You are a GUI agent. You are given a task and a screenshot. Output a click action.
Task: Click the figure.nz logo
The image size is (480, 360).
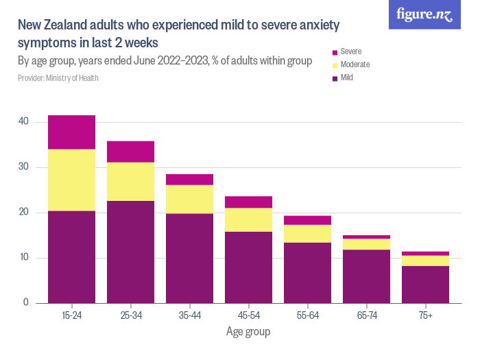point(424,15)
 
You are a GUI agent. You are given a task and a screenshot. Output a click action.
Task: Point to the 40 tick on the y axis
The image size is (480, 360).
point(24,121)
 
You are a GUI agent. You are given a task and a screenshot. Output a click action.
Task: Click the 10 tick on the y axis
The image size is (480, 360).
point(24,258)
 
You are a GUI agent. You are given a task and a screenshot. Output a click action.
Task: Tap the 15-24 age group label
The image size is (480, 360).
point(71,315)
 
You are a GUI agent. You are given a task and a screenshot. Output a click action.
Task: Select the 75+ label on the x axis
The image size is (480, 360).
point(425,315)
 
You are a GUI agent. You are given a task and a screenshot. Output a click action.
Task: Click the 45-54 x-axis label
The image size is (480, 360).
point(248,315)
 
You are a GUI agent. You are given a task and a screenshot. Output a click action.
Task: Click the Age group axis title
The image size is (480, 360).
point(248,332)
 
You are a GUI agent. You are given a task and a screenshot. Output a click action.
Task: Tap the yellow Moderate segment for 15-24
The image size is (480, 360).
point(71,180)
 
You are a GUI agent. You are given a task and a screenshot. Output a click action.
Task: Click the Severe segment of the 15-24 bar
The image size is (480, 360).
point(71,132)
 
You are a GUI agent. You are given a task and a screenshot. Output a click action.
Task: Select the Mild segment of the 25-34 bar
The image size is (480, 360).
point(130,252)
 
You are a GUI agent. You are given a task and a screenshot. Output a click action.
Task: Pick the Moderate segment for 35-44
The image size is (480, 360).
point(189,199)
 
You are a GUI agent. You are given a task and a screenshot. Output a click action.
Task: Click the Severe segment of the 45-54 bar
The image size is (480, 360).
point(248,202)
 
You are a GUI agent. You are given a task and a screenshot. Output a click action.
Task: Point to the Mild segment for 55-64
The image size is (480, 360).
point(307,273)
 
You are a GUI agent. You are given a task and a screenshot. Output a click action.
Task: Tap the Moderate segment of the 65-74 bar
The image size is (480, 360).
point(366,244)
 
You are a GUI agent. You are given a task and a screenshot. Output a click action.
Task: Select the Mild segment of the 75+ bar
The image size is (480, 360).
point(425,285)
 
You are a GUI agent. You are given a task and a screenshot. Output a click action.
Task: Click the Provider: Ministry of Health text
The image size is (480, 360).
point(58,78)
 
